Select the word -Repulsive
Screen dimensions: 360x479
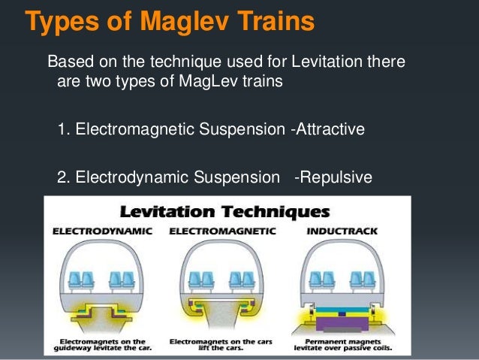coord(333,178)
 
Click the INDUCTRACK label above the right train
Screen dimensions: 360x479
coord(342,233)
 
